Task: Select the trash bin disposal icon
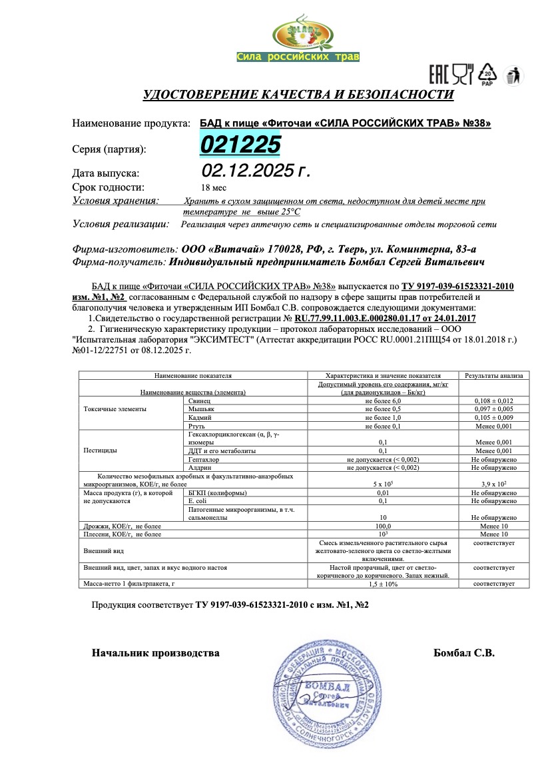click(513, 75)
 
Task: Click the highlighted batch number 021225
click(241, 145)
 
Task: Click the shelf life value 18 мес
click(213, 187)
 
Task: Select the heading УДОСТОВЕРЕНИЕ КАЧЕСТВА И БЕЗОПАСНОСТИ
click(298, 95)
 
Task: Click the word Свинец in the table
click(200, 400)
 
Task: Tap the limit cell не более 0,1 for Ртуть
click(382, 425)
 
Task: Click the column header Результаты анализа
click(493, 375)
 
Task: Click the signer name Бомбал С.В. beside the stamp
click(463, 654)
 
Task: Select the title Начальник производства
click(155, 654)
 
